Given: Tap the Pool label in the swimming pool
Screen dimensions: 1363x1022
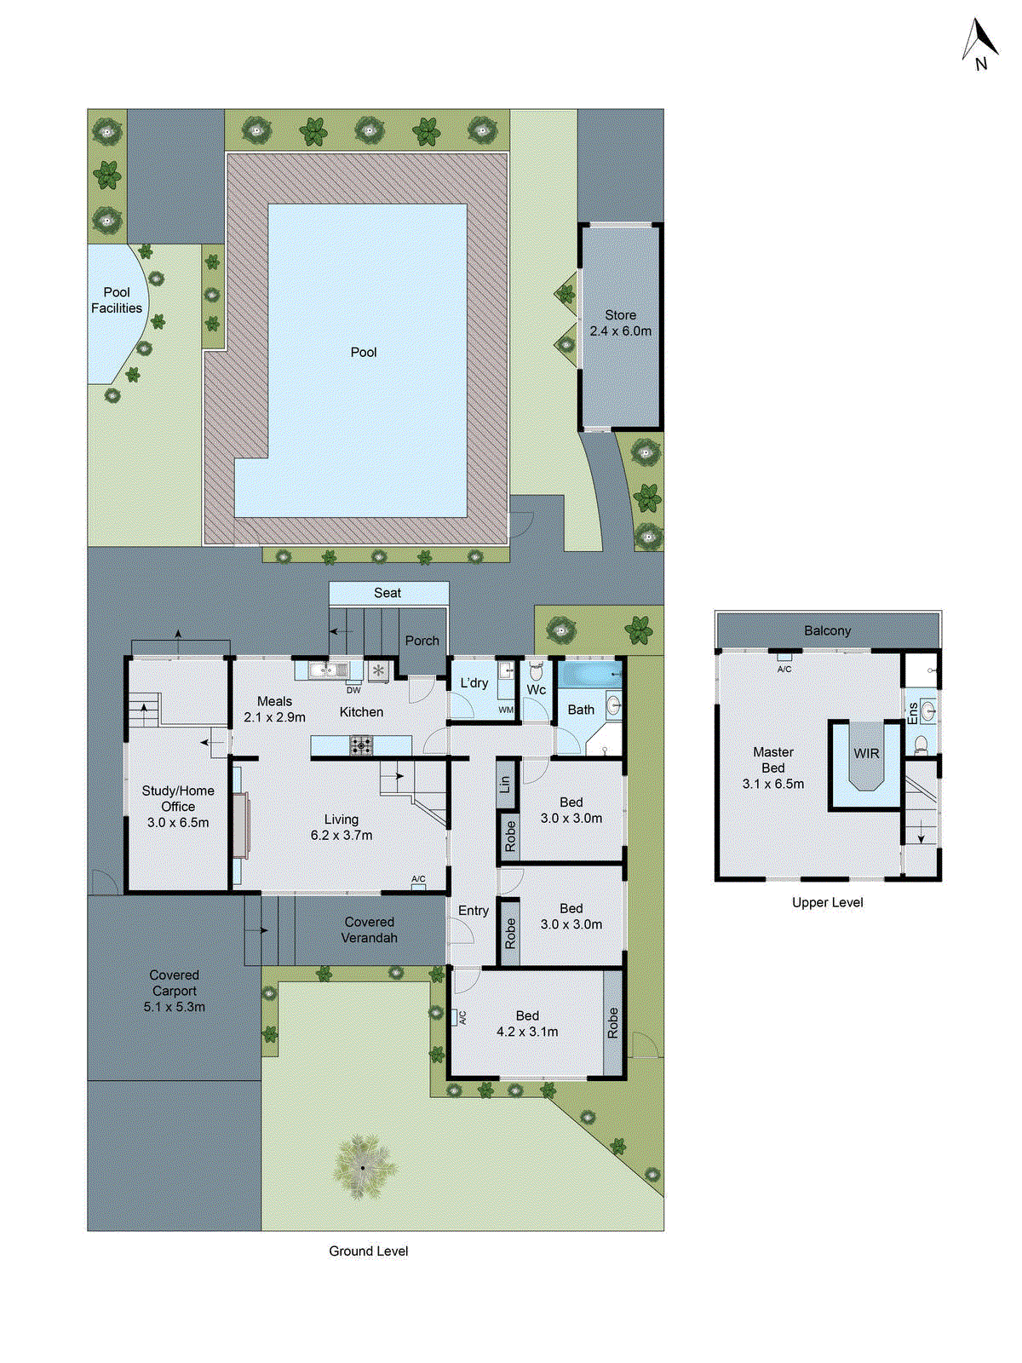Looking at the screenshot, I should pos(364,352).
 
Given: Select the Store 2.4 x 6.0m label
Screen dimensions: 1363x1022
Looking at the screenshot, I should pos(620,324).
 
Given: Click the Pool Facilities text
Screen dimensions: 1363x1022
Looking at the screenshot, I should pos(117,300).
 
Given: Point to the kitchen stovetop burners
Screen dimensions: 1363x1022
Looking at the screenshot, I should pos(361,746).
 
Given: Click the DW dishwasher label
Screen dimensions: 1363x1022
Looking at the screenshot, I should pos(353,690).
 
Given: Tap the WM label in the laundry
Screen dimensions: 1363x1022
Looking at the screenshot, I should pos(506,710).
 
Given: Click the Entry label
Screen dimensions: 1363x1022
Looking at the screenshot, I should pos(474,911).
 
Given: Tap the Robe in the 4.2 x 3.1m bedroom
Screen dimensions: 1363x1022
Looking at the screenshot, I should pos(612,1022).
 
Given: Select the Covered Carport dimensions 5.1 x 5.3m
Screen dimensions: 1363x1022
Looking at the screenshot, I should pos(175,1007).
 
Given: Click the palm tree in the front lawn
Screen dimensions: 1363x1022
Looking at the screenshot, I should pos(363,1166).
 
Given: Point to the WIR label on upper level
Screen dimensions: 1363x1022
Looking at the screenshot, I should pos(866,753).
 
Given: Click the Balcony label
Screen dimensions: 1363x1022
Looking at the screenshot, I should pos(827,630).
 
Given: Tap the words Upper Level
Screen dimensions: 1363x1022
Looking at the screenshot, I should pos(827,902).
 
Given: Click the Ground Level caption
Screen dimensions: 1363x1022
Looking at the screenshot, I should pos(368,1251).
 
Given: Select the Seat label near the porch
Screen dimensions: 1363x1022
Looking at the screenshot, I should pos(388,593).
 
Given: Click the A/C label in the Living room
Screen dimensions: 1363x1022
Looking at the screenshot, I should pos(418,879).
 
